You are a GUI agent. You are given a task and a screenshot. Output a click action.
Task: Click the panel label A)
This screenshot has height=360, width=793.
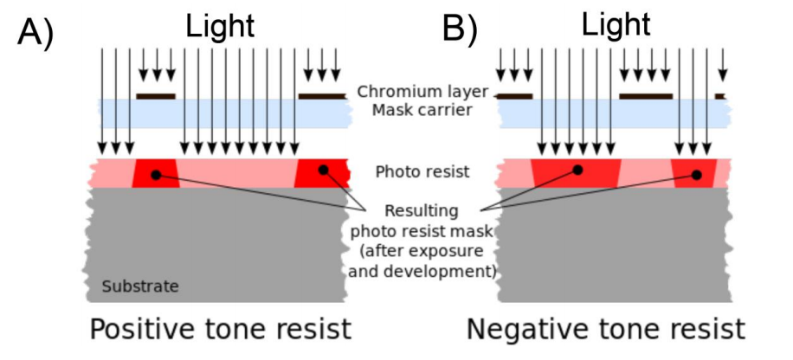pos(35,33)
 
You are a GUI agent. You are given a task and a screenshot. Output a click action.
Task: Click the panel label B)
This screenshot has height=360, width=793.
pos(460,29)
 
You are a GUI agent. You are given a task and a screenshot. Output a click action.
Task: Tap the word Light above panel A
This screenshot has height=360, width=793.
pos(220,25)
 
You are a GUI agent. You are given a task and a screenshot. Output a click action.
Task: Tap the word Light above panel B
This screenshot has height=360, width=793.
pos(616,23)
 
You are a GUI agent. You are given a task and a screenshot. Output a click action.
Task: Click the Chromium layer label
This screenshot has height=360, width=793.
pos(422,92)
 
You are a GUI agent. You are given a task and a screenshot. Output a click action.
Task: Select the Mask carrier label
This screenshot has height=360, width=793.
pos(422,110)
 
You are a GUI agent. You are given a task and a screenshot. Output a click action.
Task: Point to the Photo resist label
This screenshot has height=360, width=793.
pos(422,172)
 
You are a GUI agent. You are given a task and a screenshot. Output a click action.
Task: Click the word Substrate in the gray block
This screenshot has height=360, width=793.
pos(140,286)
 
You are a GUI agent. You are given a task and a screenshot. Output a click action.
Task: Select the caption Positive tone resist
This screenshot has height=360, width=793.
pos(220,329)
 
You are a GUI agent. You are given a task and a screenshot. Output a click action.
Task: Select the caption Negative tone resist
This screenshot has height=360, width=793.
pos(605,329)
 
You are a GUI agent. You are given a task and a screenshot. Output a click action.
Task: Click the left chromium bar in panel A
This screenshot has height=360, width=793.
pos(156,96)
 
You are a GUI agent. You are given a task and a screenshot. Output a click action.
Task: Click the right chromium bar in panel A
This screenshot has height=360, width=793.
pos(322,96)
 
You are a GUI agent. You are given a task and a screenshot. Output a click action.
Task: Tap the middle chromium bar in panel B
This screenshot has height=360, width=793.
pos(646,96)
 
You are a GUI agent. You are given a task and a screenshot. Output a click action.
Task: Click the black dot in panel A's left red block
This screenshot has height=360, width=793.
pos(157,175)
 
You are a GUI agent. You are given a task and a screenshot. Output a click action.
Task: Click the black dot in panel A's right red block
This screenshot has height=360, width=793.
pos(323,170)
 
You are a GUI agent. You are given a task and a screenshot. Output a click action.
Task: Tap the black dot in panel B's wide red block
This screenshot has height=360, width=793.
pos(577,170)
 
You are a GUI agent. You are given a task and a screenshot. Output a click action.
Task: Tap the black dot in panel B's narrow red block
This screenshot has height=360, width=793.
pos(696,175)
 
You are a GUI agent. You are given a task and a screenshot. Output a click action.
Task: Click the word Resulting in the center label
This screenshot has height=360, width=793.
pos(422,211)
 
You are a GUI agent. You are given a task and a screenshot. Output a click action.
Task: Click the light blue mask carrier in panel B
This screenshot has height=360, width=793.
pos(615,113)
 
